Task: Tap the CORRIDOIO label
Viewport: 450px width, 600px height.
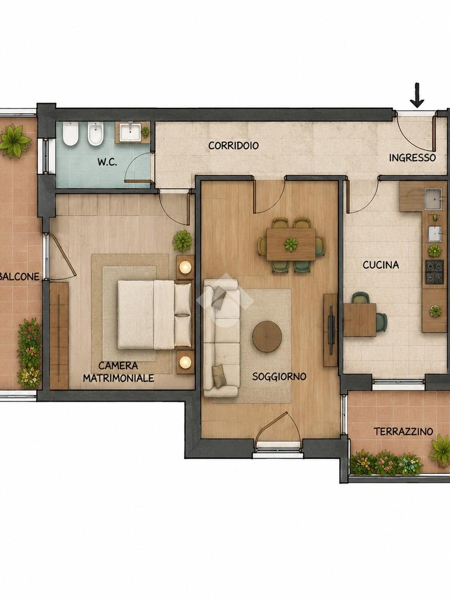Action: [x=233, y=145]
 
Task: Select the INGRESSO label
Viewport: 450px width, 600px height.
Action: [x=412, y=158]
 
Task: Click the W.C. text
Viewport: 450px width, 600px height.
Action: [x=107, y=162]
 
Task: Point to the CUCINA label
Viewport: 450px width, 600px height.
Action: [x=381, y=265]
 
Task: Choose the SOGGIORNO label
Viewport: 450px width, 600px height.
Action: [x=279, y=377]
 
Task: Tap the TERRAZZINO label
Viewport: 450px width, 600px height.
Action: [x=403, y=432]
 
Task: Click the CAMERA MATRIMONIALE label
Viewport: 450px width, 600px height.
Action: [x=118, y=372]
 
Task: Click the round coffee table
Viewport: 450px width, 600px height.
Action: [x=267, y=336]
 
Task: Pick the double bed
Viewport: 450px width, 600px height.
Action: [x=155, y=315]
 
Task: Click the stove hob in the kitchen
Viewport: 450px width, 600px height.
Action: [x=434, y=272]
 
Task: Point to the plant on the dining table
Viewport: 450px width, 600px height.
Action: [x=291, y=244]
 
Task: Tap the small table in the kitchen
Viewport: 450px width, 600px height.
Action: [x=360, y=319]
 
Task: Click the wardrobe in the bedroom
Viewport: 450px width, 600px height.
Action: [x=59, y=335]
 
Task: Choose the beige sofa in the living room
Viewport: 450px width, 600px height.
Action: [x=221, y=338]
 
